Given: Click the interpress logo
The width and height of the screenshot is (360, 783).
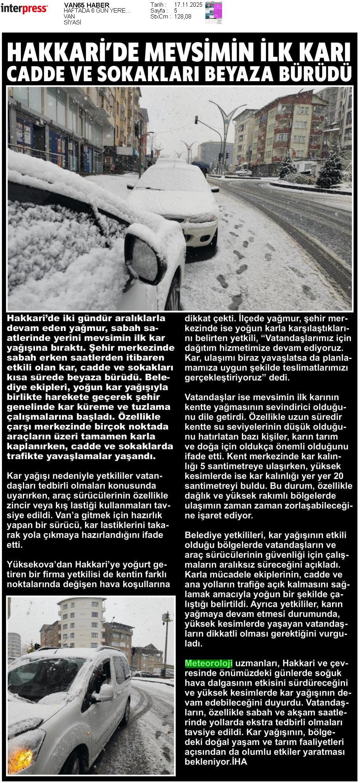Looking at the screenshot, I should point(24,9).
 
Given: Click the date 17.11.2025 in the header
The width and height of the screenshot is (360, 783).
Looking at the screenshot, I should point(188,5).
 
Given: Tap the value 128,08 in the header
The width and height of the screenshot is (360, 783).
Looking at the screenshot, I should point(183,17).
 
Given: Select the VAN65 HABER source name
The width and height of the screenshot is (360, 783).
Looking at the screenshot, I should point(87,5).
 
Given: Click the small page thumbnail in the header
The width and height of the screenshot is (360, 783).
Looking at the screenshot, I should point(213,12).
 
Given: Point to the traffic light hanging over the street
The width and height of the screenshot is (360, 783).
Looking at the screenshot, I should point(196,120).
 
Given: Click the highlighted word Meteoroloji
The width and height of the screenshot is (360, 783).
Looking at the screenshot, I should point(209,663).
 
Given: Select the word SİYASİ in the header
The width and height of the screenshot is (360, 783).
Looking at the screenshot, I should point(72,22).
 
